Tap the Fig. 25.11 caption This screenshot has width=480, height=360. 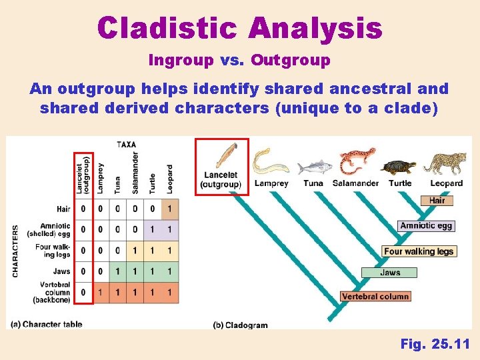coord(435,344)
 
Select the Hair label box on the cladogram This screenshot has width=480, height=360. coord(437,201)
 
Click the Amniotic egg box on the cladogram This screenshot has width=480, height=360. coord(426,226)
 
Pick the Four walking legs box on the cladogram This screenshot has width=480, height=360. coord(419,251)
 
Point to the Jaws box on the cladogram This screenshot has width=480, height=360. coord(389,272)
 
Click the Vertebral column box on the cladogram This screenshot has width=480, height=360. coord(375,296)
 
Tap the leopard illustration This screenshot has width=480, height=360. coord(445,163)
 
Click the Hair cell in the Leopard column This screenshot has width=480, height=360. coord(170,209)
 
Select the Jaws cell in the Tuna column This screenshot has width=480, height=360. coord(117,271)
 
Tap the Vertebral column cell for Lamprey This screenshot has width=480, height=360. coord(101,293)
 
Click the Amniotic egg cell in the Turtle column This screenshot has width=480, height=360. coord(153,229)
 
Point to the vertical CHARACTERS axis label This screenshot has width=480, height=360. coord(15,251)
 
